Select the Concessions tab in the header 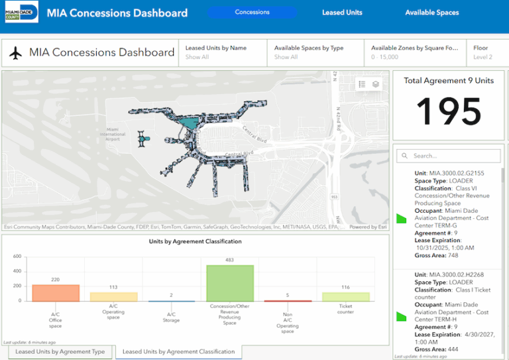(252, 12)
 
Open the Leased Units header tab (342, 13)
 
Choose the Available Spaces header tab (431, 13)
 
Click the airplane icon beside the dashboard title (17, 53)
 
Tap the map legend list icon (362, 84)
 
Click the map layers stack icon (376, 84)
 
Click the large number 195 (449, 111)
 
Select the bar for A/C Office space (56, 293)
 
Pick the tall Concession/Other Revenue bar (229, 283)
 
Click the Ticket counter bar (345, 296)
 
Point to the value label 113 (113, 287)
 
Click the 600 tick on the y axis (17, 257)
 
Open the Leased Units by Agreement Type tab (60, 352)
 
